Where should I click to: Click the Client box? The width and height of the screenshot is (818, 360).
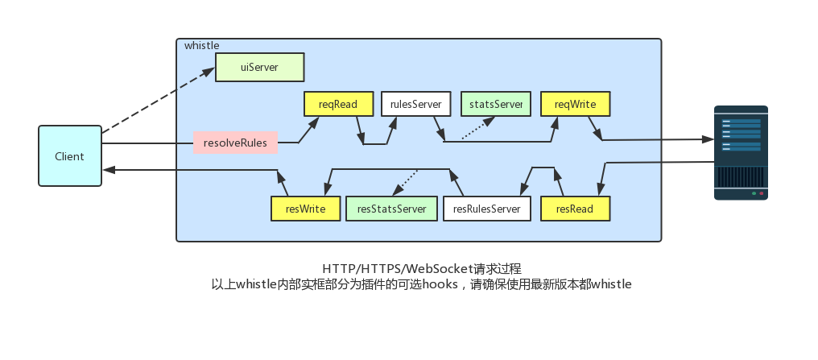tap(70, 156)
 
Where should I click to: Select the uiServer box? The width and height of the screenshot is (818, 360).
tap(259, 68)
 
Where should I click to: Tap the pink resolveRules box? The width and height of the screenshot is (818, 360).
tap(235, 143)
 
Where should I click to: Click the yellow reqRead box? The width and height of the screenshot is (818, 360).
tap(338, 105)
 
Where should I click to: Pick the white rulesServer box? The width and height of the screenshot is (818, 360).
tap(415, 105)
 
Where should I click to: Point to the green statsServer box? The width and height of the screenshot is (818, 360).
tap(496, 105)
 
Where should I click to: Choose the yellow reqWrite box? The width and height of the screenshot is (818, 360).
tap(575, 105)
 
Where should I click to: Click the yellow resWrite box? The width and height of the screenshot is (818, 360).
tap(305, 209)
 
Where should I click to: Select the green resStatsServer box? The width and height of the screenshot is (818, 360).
tap(391, 209)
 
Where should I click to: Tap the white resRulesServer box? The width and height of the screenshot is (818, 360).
tap(486, 209)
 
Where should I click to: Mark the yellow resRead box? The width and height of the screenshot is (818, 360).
tap(575, 209)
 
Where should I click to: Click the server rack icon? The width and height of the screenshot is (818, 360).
tap(741, 153)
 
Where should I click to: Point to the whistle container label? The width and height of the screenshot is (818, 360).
tap(201, 46)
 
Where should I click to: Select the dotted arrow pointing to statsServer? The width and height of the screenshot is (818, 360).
tap(477, 130)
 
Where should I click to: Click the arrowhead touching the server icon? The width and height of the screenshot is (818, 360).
tap(709, 139)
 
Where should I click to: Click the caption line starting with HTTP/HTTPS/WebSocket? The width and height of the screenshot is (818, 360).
tap(421, 269)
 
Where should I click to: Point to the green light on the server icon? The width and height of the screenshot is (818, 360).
tap(754, 193)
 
